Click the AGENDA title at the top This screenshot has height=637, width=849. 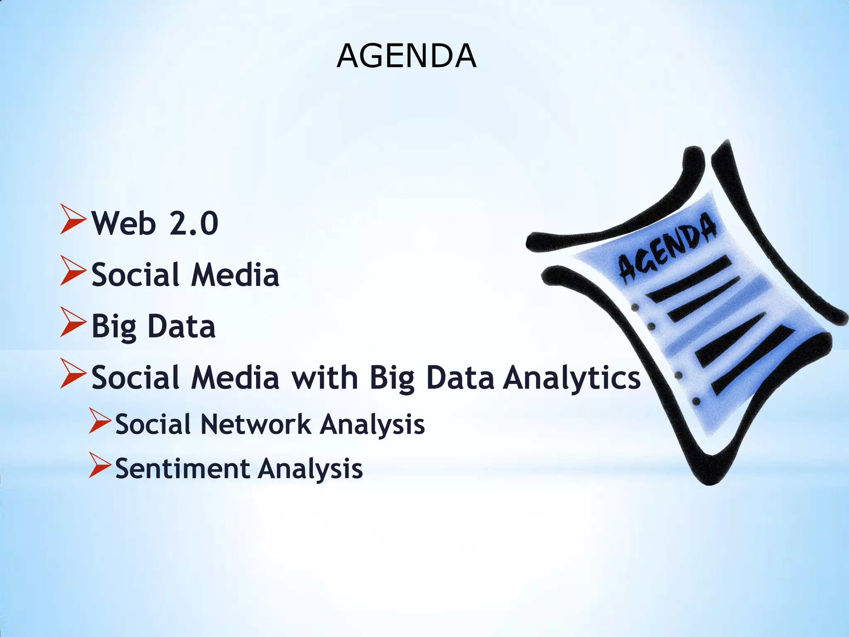pos(406,56)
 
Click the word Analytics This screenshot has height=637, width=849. pos(572,378)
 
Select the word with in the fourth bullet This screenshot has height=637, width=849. pos(325,378)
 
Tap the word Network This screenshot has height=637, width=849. pos(256,425)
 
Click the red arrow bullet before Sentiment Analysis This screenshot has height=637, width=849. pos(100,465)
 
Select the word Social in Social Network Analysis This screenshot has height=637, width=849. pos(153,425)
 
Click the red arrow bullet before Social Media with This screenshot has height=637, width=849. pos(73,373)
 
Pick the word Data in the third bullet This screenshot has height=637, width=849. pos(182,327)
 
